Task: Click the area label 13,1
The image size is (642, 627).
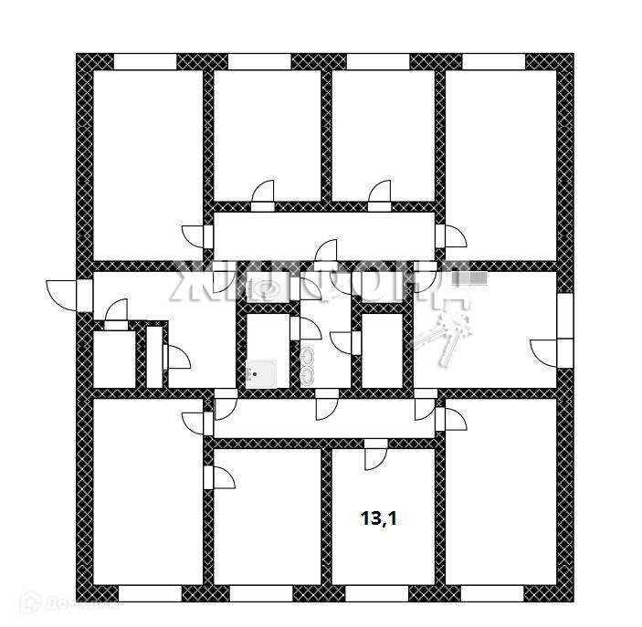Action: tap(380, 519)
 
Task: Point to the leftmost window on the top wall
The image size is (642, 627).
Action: tap(144, 61)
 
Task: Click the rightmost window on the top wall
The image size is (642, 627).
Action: tap(494, 61)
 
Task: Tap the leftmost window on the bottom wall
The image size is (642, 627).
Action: tap(150, 593)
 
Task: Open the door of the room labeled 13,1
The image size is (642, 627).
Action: tap(375, 454)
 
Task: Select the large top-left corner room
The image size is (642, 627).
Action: tap(147, 164)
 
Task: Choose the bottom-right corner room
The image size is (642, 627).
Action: tap(500, 493)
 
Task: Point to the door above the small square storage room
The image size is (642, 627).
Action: tap(116, 316)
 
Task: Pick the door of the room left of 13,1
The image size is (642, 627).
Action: tap(220, 476)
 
